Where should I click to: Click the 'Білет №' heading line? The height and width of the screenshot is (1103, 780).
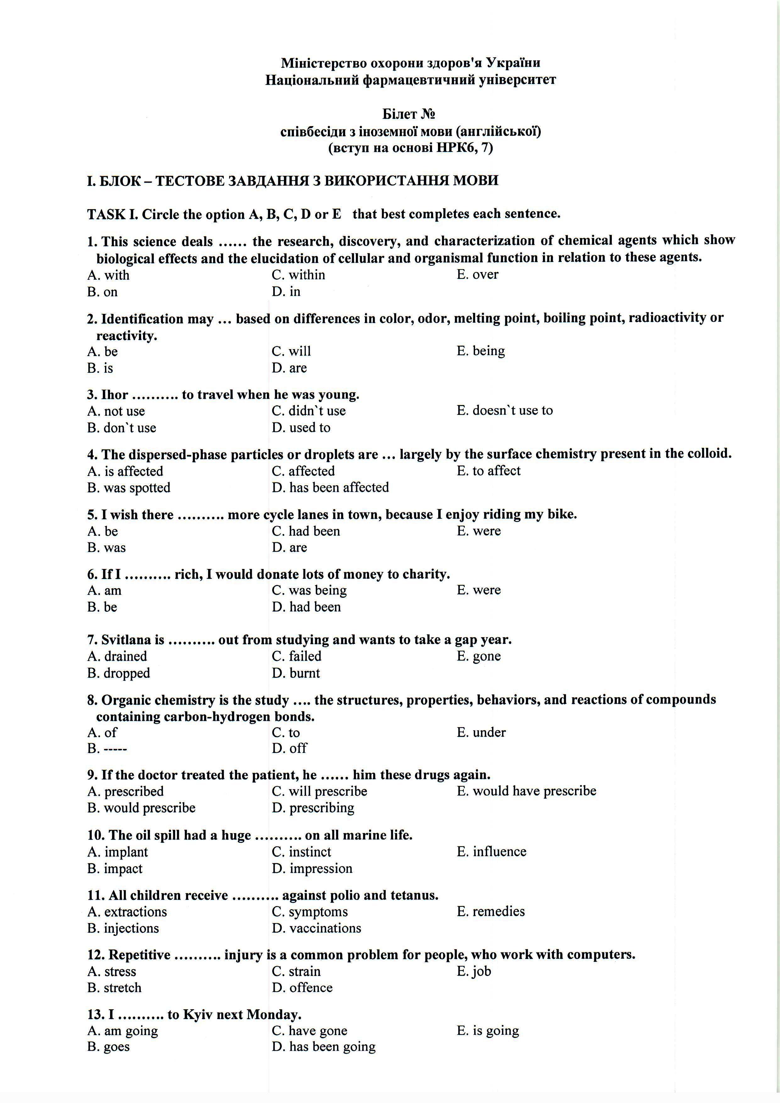click(409, 114)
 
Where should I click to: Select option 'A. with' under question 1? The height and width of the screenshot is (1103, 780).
click(108, 275)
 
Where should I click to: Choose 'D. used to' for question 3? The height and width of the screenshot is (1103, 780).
click(301, 427)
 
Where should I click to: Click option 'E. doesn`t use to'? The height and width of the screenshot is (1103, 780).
click(505, 410)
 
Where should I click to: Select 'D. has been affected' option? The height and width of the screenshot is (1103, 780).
click(330, 487)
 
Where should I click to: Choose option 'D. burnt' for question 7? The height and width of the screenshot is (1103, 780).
click(296, 673)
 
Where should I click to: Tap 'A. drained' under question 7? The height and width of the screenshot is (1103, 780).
click(117, 656)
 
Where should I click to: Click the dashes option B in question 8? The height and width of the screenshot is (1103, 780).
click(108, 749)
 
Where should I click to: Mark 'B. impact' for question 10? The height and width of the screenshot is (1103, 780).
click(115, 869)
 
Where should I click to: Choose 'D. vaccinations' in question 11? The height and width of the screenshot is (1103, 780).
click(317, 928)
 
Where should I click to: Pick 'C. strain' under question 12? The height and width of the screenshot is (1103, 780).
click(296, 971)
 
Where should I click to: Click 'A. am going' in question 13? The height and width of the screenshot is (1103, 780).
click(123, 1030)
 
